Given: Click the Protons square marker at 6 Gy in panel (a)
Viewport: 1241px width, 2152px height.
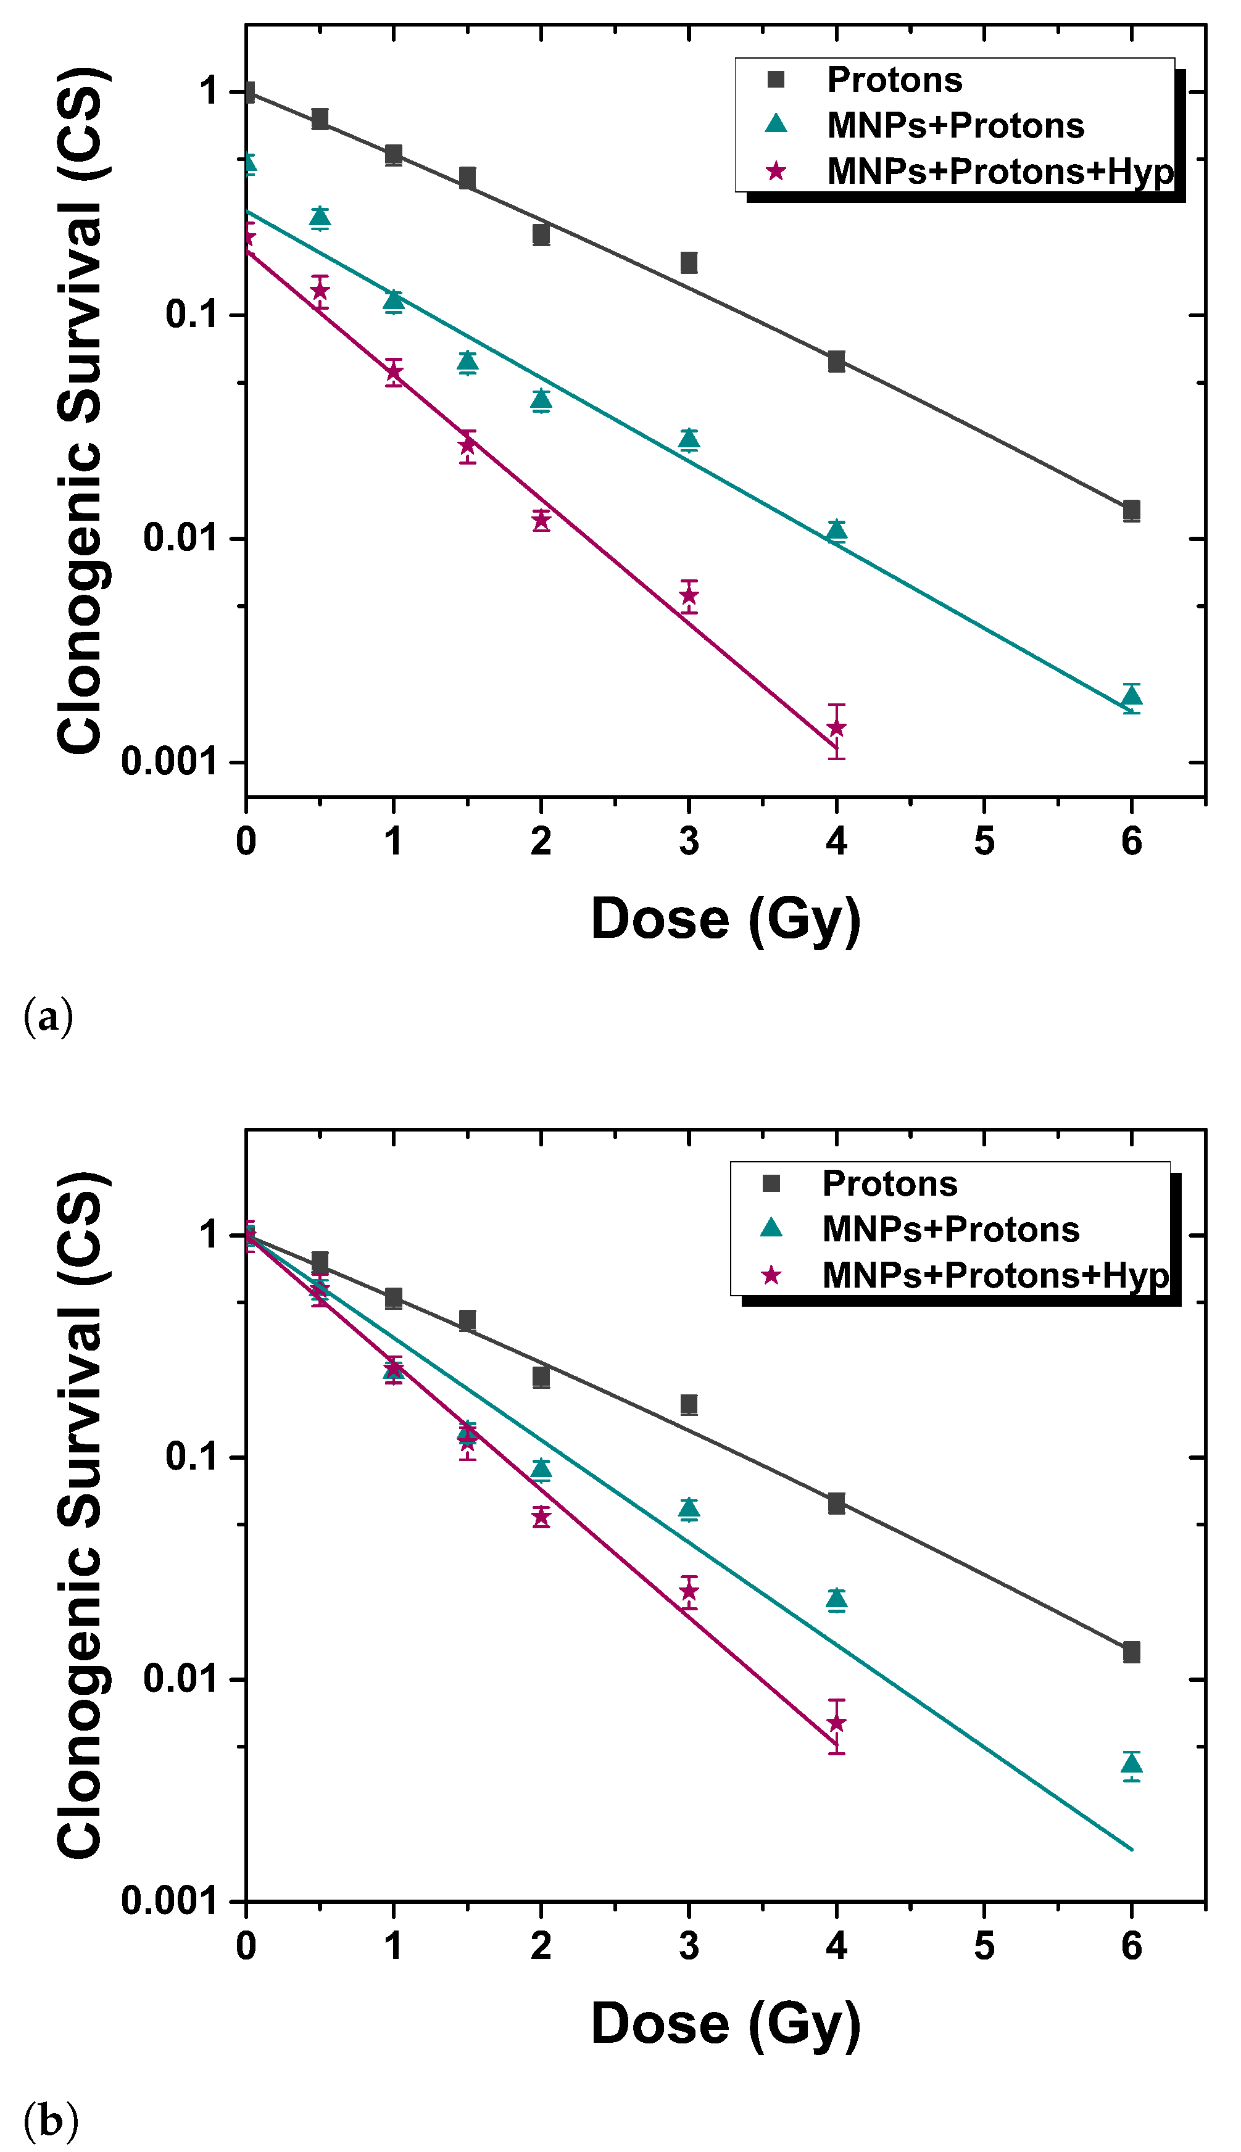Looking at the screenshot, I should (1131, 511).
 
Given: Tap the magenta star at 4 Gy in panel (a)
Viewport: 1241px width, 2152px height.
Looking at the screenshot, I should (837, 727).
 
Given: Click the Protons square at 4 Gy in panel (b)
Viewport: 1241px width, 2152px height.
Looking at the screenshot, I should (837, 1503).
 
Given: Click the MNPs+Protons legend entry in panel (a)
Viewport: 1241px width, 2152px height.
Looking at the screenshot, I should (955, 126).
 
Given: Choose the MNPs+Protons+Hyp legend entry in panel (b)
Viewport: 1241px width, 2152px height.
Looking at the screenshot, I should (994, 1275).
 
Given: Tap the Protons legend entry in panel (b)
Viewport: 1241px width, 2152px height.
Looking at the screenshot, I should (889, 1183).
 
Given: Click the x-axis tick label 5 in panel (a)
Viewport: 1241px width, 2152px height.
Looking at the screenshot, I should (984, 842).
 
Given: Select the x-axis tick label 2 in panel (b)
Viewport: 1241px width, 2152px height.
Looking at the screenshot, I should (541, 1947).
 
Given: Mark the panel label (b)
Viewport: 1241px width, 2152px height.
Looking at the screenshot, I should (50, 2121).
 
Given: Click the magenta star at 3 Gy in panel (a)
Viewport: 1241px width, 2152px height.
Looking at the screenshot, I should (689, 595).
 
